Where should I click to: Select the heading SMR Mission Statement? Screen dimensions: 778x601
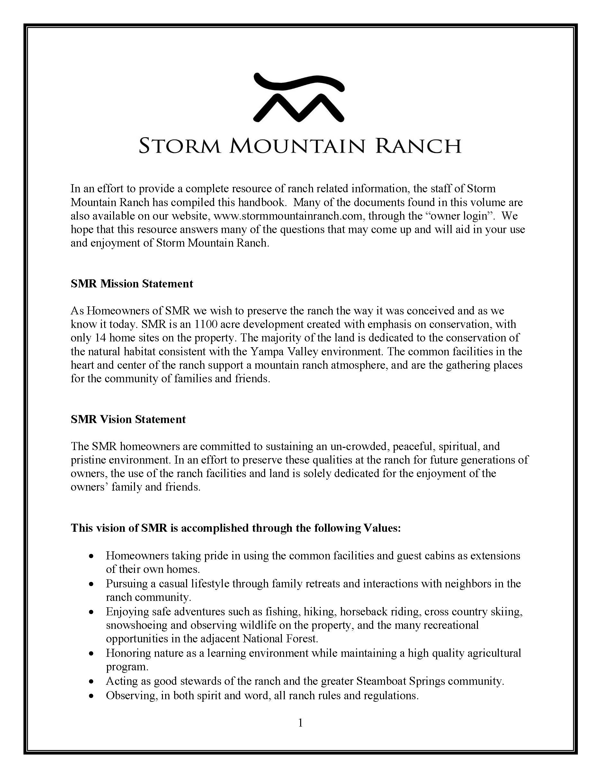(132, 284)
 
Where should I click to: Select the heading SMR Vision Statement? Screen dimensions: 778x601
(128, 419)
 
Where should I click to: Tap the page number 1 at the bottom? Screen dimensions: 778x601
(300, 723)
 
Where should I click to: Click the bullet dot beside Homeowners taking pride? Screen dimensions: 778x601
(92, 556)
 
